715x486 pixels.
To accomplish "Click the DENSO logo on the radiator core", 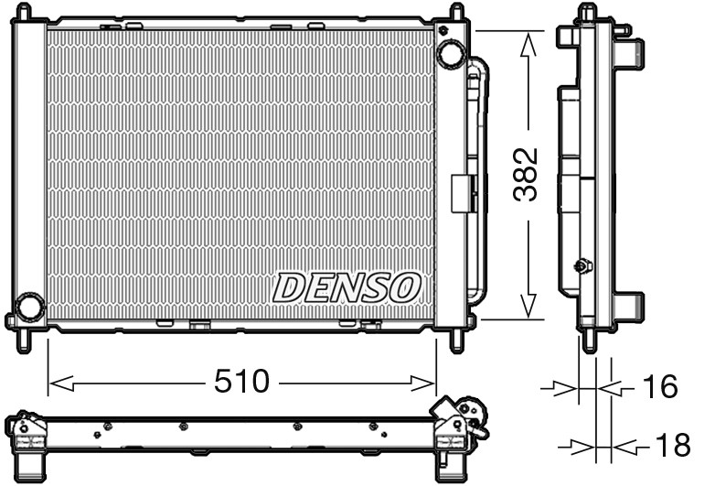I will click(347, 287).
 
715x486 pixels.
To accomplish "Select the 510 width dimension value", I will click(243, 381).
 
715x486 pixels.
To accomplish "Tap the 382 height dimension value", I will click(524, 175).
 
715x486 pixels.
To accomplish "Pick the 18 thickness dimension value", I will click(672, 447).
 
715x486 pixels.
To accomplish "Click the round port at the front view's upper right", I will click(451, 53).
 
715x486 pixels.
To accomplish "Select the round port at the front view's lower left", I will click(30, 307).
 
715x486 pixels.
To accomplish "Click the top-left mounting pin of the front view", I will click(25, 13).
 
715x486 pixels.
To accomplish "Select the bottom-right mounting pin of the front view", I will click(456, 340).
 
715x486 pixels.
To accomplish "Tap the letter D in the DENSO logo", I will click(288, 287).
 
